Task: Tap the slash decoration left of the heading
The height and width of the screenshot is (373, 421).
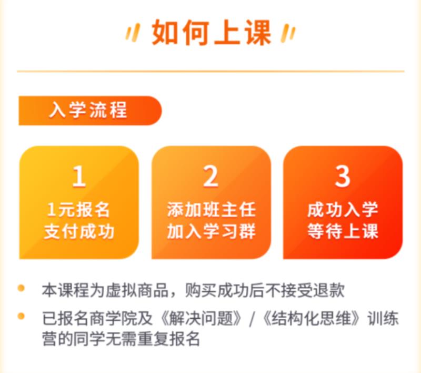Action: (x=133, y=33)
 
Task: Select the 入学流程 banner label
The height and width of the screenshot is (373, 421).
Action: (x=88, y=110)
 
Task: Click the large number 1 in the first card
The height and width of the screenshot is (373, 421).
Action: (x=79, y=176)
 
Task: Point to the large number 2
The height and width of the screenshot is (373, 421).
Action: (x=211, y=176)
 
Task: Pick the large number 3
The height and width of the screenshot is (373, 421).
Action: (x=343, y=176)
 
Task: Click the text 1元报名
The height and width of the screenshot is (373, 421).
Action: (x=78, y=210)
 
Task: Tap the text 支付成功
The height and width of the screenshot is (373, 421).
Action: (x=79, y=231)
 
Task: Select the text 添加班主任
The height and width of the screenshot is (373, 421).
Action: (x=212, y=210)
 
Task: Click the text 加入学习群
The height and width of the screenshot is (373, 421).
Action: (x=212, y=231)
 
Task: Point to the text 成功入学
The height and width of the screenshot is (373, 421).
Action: (x=343, y=210)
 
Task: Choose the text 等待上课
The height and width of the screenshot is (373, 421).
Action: (x=343, y=231)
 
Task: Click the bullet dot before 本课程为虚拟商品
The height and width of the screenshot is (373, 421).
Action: (x=21, y=289)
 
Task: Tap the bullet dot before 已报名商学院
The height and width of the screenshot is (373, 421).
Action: (x=21, y=316)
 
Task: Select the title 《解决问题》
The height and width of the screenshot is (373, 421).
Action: (x=200, y=318)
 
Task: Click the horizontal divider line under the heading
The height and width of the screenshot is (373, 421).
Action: (x=211, y=72)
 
